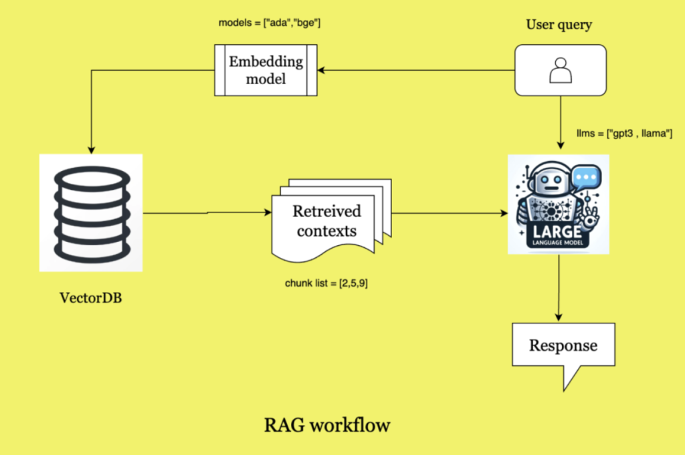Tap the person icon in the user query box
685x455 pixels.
(x=560, y=69)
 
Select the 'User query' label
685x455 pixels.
(x=559, y=25)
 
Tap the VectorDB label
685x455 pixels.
(x=91, y=297)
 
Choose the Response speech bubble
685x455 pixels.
(x=563, y=347)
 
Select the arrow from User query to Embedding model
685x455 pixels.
(x=415, y=69)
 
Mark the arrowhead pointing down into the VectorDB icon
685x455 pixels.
(x=90, y=148)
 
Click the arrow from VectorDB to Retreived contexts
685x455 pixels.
(x=207, y=214)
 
